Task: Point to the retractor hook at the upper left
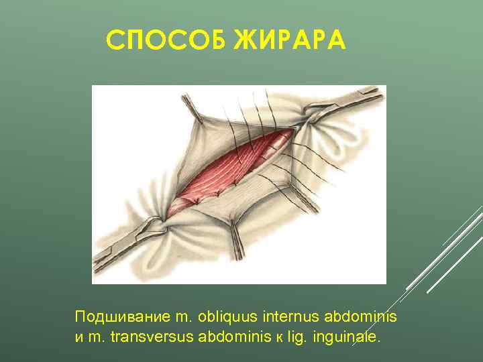191,107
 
